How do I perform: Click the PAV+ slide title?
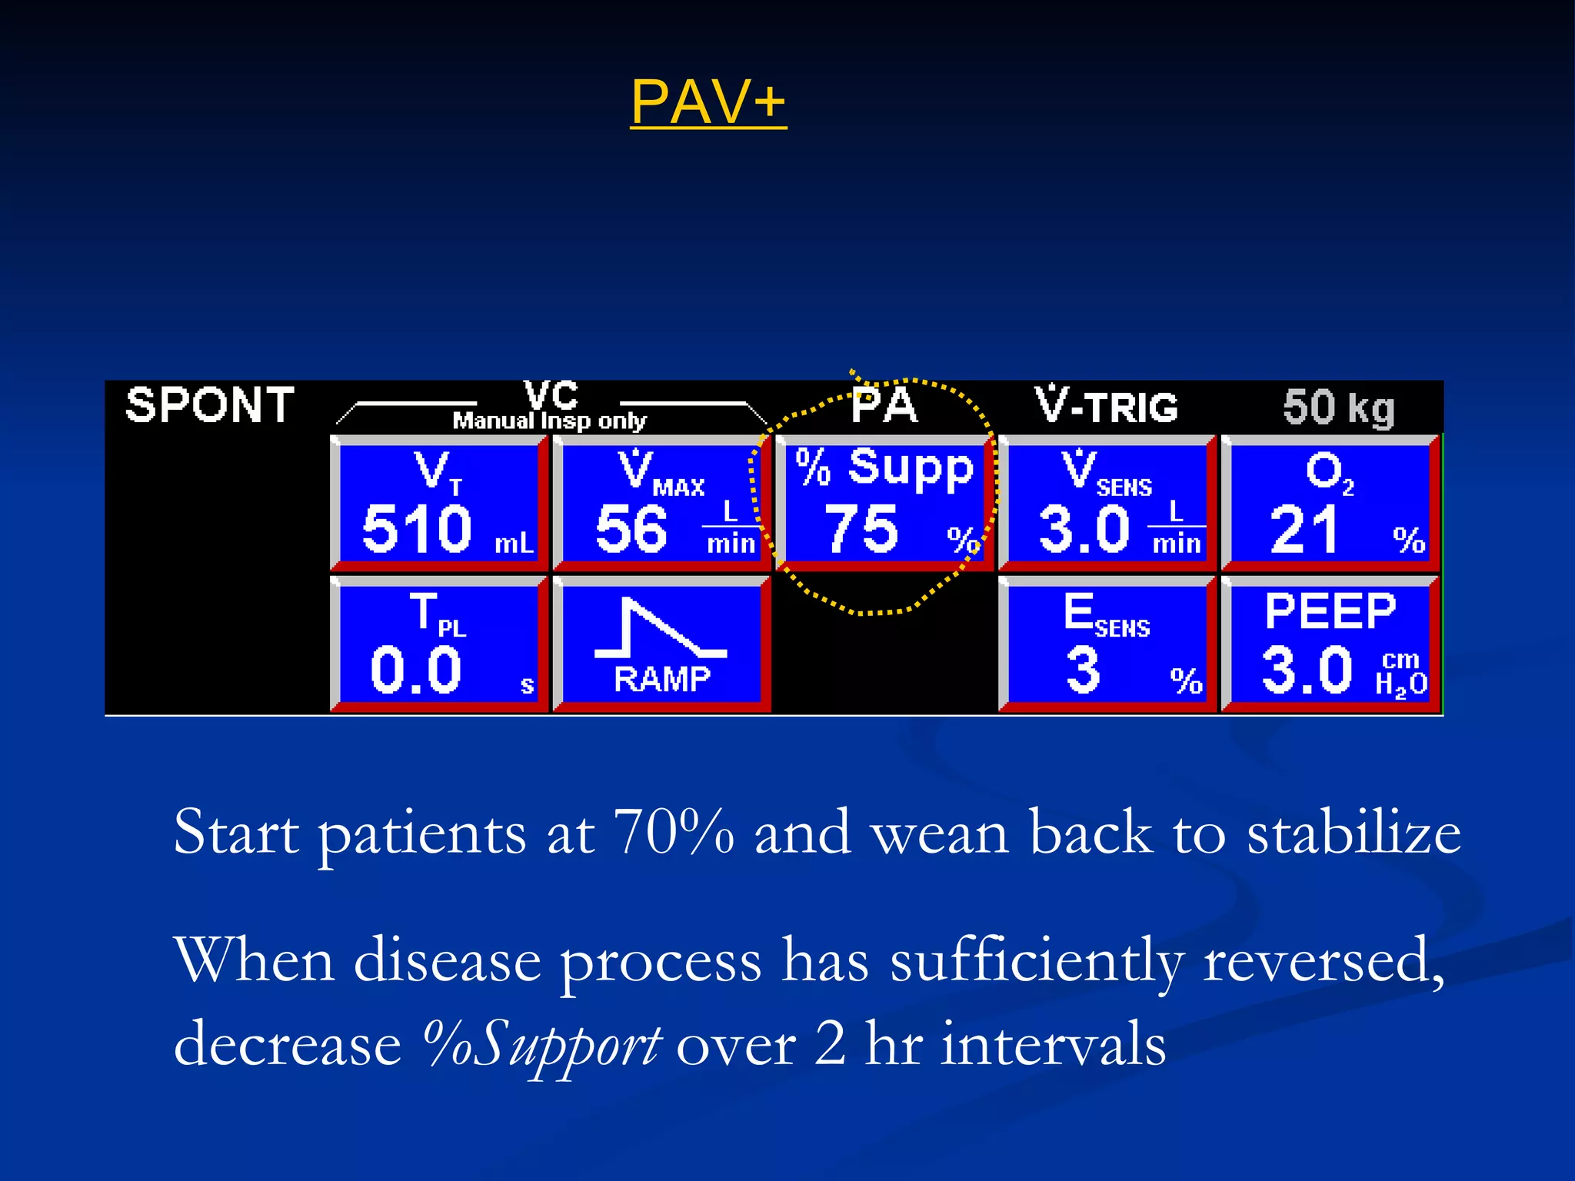click(708, 102)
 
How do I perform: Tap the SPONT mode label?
click(209, 405)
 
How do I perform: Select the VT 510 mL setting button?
click(438, 504)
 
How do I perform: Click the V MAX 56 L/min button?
click(661, 504)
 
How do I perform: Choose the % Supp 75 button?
click(884, 504)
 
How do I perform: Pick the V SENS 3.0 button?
click(1107, 504)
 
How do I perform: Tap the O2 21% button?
click(1330, 504)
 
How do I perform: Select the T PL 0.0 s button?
click(438, 644)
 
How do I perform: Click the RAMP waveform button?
click(661, 644)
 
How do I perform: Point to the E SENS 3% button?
click(1107, 644)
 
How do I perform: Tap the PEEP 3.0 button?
click(1330, 644)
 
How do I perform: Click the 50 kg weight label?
click(1338, 407)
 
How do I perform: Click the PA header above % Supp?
click(884, 405)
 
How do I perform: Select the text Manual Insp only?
click(549, 421)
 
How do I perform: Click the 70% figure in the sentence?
click(674, 833)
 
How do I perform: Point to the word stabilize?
click(1354, 833)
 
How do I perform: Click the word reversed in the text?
click(1323, 961)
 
